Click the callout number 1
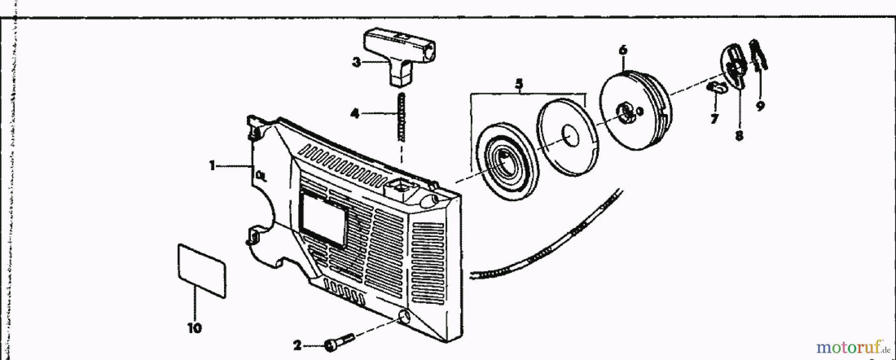coord(212,165)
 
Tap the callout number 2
coord(297,344)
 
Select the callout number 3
coord(356,62)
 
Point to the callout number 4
coord(354,114)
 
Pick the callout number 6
coord(623,50)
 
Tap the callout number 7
coord(714,119)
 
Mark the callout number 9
coord(760,106)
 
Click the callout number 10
coord(195,328)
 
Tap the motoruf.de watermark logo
coord(851,346)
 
